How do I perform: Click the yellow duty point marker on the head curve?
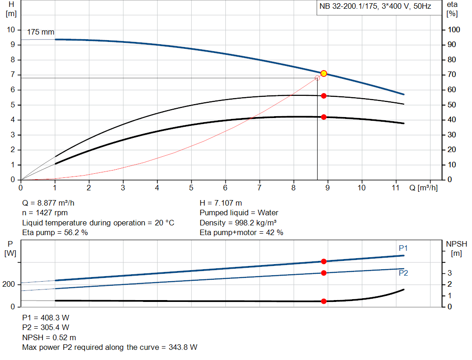324,73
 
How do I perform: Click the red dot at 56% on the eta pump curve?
324,96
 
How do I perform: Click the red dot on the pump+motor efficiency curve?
324,117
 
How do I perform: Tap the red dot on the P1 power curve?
324,261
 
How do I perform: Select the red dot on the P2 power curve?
324,273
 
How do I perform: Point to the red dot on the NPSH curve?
324,301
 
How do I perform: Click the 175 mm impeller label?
41,32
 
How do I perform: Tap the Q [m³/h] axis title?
423,188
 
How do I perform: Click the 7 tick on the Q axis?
260,188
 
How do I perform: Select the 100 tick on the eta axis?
454,30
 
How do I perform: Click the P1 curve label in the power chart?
403,248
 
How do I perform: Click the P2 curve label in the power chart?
403,273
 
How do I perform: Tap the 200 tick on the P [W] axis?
10,284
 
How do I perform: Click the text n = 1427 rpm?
45,213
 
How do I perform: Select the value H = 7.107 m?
220,203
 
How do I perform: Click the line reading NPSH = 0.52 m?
49,337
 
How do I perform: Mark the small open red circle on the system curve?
317,78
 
